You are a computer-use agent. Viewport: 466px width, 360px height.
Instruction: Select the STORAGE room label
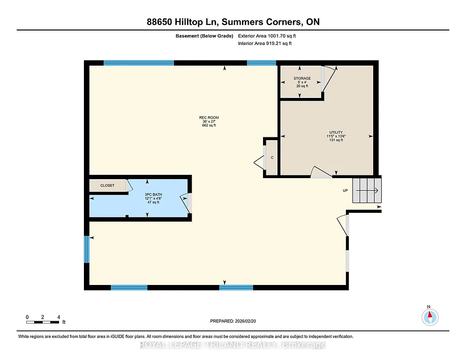click(302, 78)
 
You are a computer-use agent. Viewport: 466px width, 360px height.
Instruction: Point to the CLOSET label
click(107, 186)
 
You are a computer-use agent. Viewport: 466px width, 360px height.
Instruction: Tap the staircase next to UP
click(367, 190)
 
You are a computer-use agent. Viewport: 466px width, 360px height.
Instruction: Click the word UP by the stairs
click(345, 191)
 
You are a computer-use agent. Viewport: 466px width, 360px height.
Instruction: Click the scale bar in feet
click(43, 322)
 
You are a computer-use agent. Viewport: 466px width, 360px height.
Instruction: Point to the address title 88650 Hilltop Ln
click(233, 22)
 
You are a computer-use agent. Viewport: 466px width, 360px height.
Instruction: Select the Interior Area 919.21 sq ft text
click(265, 44)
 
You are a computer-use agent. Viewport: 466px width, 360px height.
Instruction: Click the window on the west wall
click(86, 249)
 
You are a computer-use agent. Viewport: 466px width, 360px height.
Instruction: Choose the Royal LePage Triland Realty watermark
click(233, 345)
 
